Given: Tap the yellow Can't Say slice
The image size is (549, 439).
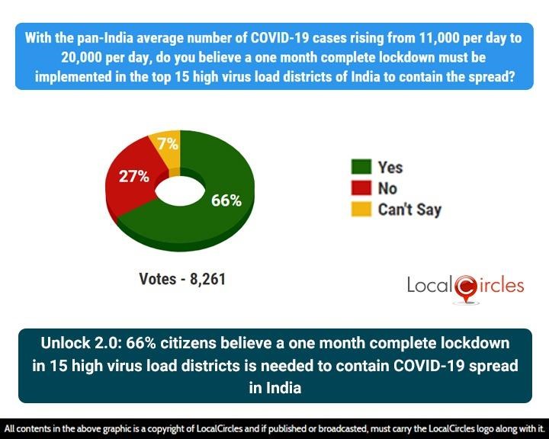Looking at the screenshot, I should pyautogui.click(x=167, y=149).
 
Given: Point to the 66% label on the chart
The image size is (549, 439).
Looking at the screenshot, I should pyautogui.click(x=226, y=200).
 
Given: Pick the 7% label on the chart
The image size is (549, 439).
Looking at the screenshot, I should pyautogui.click(x=169, y=143).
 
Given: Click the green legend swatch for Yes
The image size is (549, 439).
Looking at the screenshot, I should pyautogui.click(x=361, y=167).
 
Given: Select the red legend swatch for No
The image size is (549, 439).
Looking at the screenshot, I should pyautogui.click(x=361, y=187).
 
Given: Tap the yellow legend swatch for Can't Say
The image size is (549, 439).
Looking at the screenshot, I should pyautogui.click(x=361, y=209).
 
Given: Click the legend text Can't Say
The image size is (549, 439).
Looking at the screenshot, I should pyautogui.click(x=409, y=209).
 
